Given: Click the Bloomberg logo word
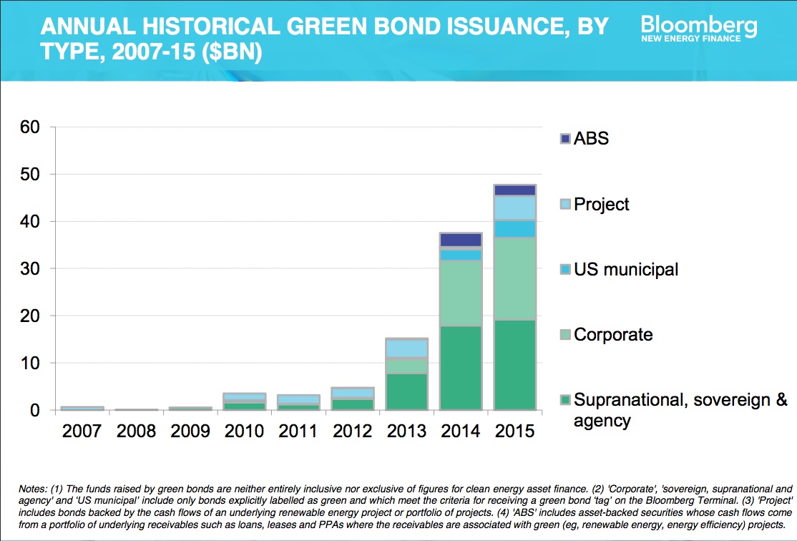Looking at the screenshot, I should [698, 26].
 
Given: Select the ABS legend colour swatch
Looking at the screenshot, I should [564, 138].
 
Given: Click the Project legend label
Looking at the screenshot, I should [601, 204].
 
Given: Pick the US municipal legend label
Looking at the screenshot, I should [625, 270].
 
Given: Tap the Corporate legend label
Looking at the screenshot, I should [613, 334].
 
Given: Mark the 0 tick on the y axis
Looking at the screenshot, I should [37, 411].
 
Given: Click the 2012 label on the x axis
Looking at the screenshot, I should [353, 431].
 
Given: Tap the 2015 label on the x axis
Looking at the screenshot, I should [515, 431].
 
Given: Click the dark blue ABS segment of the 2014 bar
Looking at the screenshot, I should [461, 240].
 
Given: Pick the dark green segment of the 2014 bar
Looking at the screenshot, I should [461, 368].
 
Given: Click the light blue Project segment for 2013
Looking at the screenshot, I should [406, 348].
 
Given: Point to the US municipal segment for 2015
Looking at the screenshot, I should [515, 228].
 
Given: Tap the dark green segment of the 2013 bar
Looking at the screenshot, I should [406, 391].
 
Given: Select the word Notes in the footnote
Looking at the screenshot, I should [33, 489].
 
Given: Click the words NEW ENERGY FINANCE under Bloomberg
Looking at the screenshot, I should [690, 39].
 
